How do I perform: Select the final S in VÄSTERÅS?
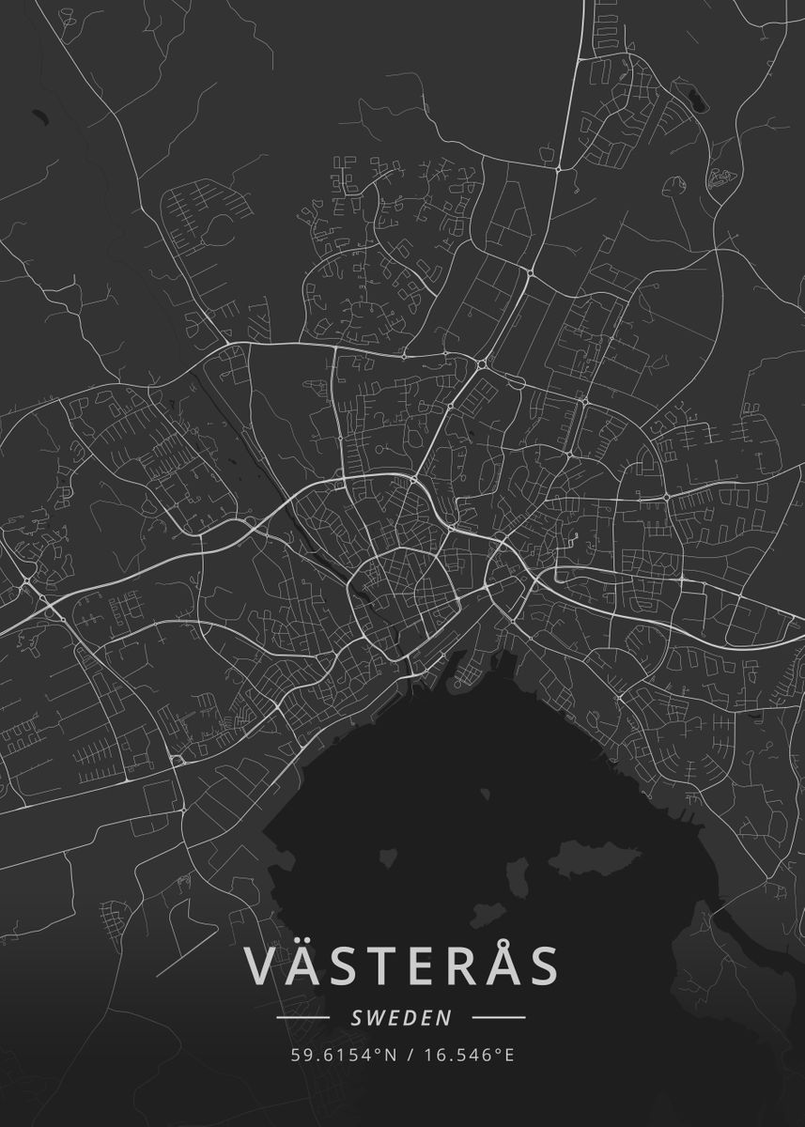544,967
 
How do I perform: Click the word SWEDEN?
401,1017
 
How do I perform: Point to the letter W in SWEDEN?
370,1017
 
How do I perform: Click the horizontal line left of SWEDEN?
302,1017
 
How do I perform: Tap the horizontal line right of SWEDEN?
498,1017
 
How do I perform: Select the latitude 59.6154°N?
343,1055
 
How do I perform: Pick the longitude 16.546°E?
468,1055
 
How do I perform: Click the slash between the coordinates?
410,1055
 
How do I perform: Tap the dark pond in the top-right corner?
695,96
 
